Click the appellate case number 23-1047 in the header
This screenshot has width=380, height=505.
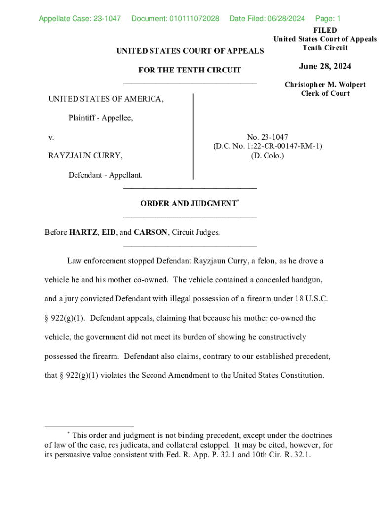click(x=107, y=19)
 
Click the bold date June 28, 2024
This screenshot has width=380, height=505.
click(x=325, y=67)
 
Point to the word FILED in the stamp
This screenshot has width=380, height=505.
click(x=325, y=31)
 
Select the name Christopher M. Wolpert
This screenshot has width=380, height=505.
click(x=325, y=85)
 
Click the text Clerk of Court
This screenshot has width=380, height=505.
click(x=325, y=93)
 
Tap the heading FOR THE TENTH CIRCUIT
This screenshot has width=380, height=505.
click(x=190, y=70)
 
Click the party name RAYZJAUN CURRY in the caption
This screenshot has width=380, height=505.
click(x=85, y=155)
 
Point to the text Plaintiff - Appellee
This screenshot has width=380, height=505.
click(x=101, y=118)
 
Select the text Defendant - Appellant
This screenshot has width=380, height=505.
click(x=105, y=175)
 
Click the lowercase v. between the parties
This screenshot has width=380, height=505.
click(x=51, y=137)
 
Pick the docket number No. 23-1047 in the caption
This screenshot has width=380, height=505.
click(x=267, y=137)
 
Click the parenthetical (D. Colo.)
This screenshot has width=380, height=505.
click(x=267, y=155)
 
